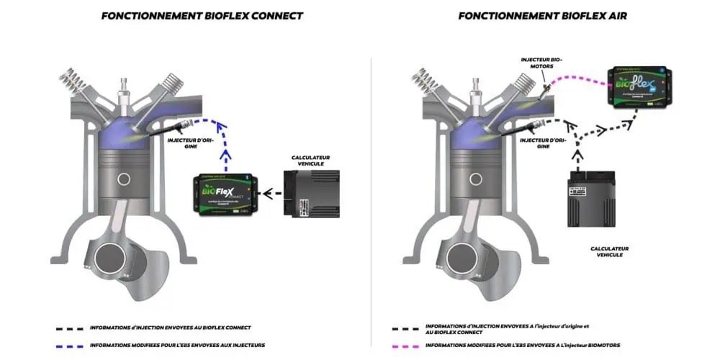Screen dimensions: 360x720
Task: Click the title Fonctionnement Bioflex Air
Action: coord(541,15)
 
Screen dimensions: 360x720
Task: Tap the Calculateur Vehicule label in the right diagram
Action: coord(606,251)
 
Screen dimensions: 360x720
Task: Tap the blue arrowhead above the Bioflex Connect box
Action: coord(227,153)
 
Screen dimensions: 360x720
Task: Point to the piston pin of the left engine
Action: coord(123,179)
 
